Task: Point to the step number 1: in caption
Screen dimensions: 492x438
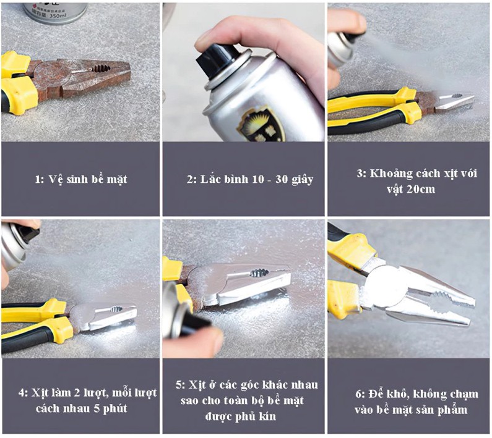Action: coord(39,180)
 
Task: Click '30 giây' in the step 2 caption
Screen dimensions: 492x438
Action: coord(294,180)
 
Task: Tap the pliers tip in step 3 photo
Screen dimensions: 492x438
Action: coord(472,99)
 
